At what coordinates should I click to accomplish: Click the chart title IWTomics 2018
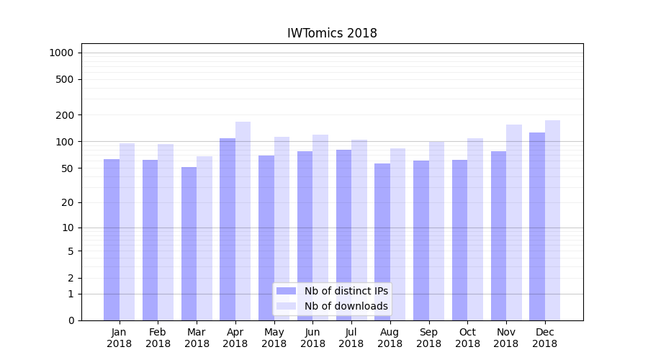[332, 33]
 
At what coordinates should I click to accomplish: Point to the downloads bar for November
[514, 222]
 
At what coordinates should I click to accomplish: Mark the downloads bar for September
[436, 230]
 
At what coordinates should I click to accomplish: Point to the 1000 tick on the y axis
[61, 53]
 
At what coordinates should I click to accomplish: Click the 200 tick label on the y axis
[65, 115]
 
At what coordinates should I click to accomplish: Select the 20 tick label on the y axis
[68, 202]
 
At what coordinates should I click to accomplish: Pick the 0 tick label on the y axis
[71, 320]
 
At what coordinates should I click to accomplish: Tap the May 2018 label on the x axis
[274, 338]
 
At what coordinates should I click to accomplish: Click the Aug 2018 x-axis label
[390, 338]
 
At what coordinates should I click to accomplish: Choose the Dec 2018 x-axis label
[544, 338]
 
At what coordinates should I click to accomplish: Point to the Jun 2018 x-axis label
[312, 338]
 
